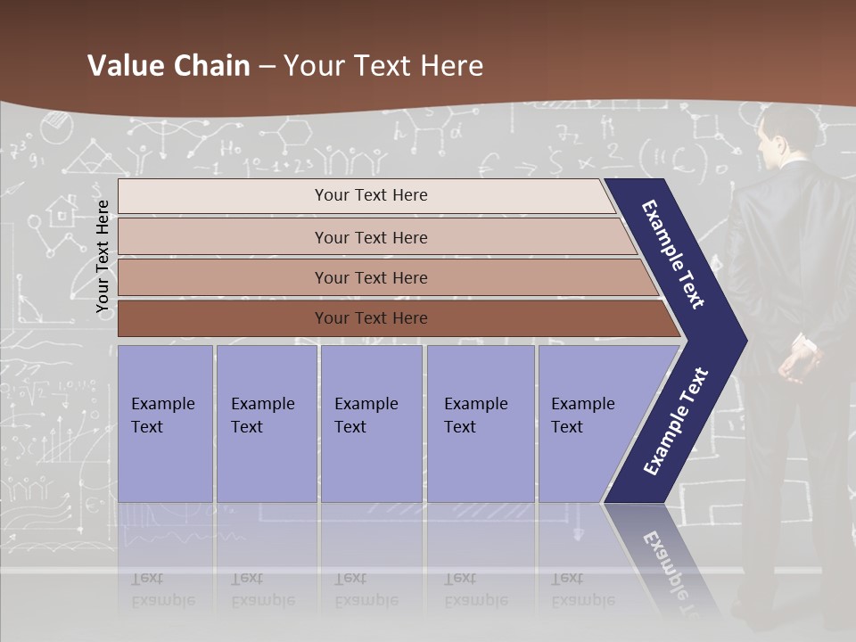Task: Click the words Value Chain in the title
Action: [x=169, y=66]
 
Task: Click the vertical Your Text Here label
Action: [x=103, y=256]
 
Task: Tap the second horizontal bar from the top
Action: [x=370, y=237]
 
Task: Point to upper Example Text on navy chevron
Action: [x=674, y=254]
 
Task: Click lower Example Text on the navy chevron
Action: [x=676, y=422]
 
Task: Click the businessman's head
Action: [x=789, y=129]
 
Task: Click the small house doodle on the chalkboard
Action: [x=61, y=211]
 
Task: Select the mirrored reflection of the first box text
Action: [x=163, y=590]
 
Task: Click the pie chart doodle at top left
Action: [x=56, y=130]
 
